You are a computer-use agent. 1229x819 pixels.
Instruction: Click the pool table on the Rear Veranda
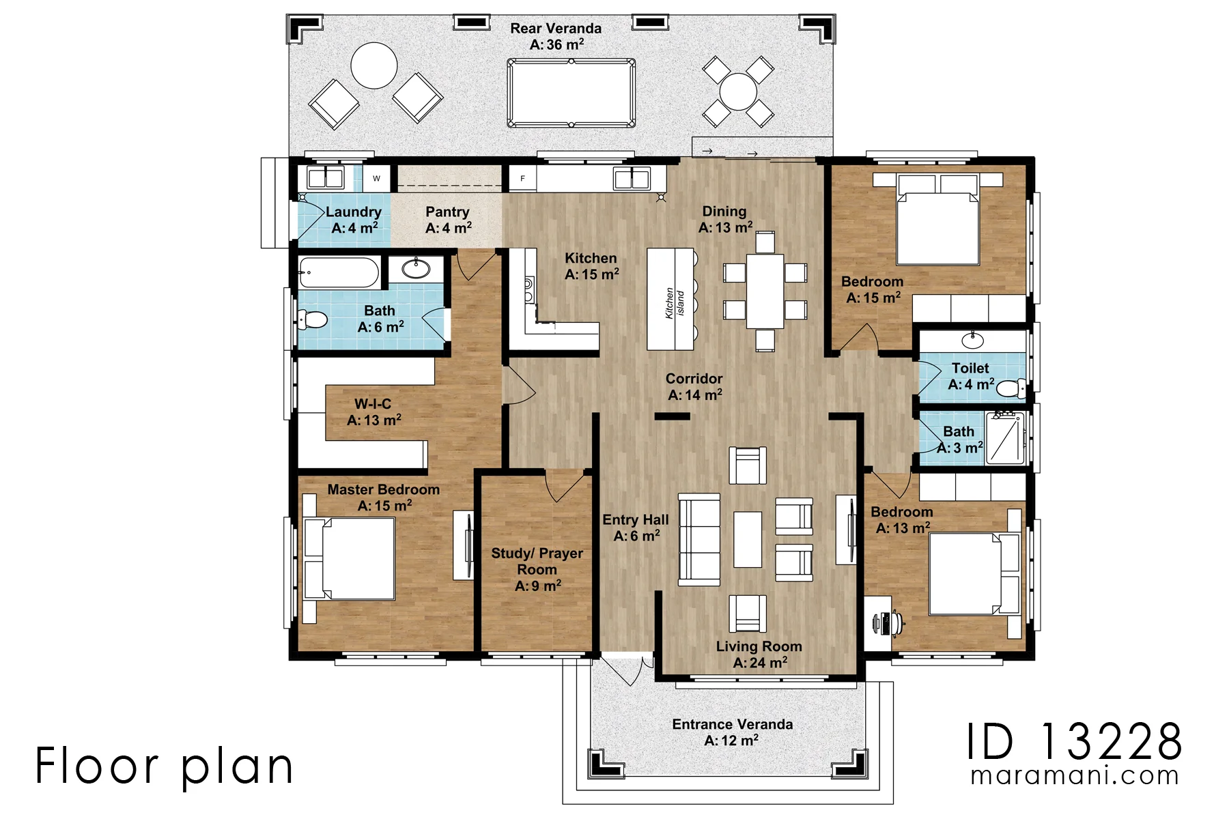pyautogui.click(x=571, y=93)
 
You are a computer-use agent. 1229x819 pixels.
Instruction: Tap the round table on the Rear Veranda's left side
pyautogui.click(x=374, y=66)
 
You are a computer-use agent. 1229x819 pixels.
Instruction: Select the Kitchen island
pyautogui.click(x=670, y=299)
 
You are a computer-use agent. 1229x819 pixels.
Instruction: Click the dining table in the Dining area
pyautogui.click(x=765, y=291)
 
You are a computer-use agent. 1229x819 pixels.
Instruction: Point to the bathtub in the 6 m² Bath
pyautogui.click(x=339, y=272)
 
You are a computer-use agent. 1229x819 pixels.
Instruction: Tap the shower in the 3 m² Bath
pyautogui.click(x=1006, y=437)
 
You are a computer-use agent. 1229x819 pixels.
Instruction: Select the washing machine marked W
pyautogui.click(x=376, y=179)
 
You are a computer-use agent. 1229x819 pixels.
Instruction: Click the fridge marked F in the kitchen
pyautogui.click(x=523, y=179)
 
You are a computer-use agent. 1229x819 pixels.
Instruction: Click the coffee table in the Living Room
pyautogui.click(x=748, y=539)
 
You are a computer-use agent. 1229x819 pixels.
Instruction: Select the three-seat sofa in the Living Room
pyautogui.click(x=699, y=540)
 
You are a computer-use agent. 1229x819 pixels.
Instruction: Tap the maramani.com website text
pyautogui.click(x=1075, y=776)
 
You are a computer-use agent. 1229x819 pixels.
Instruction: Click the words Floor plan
pyautogui.click(x=165, y=766)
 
